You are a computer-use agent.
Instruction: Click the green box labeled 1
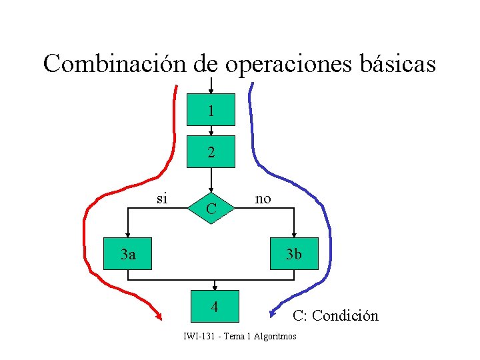211,109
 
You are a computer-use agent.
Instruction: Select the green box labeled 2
211,152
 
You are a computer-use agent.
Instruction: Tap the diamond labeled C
211,209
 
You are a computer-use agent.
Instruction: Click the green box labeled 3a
127,253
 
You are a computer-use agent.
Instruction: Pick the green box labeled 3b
294,253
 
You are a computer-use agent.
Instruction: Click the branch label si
162,197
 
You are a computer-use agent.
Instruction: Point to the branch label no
263,198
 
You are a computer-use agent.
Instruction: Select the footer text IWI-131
198,337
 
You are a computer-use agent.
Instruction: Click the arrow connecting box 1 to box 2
211,131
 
